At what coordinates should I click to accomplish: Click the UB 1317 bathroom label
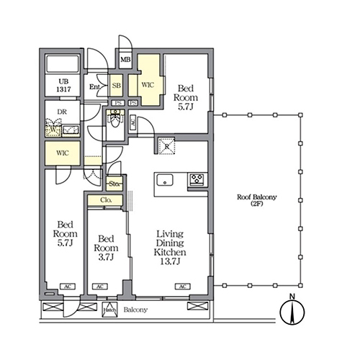coord(60,86)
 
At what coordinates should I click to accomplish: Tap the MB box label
coord(125,61)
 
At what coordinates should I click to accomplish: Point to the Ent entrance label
coord(95,88)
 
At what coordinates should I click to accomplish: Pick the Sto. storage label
coord(114,184)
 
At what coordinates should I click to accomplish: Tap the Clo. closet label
coord(105,200)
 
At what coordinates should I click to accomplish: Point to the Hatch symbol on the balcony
coord(110,310)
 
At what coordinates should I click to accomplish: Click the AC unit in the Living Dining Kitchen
coord(182,287)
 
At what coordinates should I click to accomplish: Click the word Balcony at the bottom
coord(135,310)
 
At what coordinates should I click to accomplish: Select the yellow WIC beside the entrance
coord(148,84)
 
